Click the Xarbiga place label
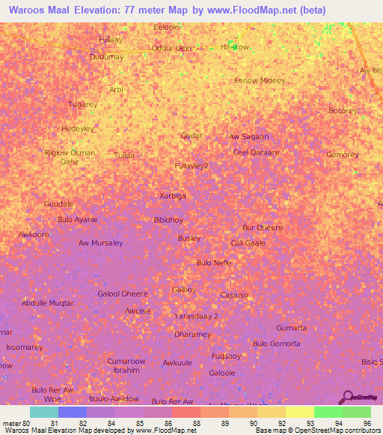click(x=173, y=196)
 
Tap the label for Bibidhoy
click(x=168, y=220)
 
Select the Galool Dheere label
click(x=123, y=294)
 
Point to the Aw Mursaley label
click(x=100, y=243)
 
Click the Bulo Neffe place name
click(x=214, y=263)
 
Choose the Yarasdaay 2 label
click(x=196, y=316)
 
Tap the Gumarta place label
click(x=291, y=328)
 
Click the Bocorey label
click(x=343, y=111)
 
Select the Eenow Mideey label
click(x=260, y=81)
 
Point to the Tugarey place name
click(x=82, y=105)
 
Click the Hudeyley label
click(x=77, y=129)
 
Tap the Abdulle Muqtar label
click(x=48, y=303)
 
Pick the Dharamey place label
click(x=192, y=334)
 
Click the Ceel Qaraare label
click(x=256, y=152)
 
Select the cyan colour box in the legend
click(x=44, y=412)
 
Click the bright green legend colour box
click(x=328, y=412)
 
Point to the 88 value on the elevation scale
click(x=196, y=423)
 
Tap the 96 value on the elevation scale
click(x=367, y=423)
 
